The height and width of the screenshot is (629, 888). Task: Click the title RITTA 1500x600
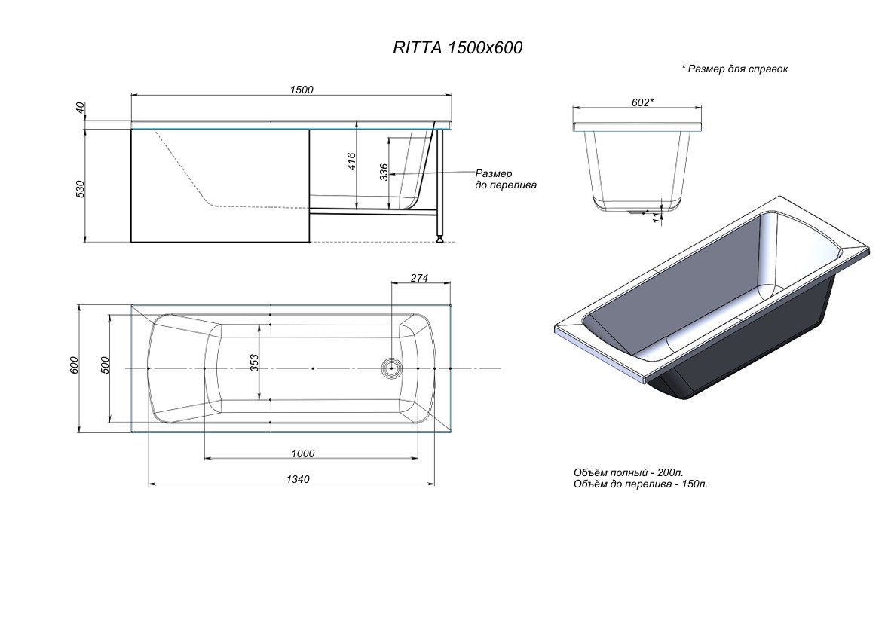pyautogui.click(x=458, y=47)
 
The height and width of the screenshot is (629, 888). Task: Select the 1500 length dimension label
pyautogui.click(x=302, y=90)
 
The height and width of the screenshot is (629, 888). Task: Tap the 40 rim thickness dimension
pyautogui.click(x=81, y=108)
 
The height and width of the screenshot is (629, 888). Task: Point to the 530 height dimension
pyautogui.click(x=81, y=188)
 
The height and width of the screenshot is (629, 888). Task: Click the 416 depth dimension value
pyautogui.click(x=351, y=161)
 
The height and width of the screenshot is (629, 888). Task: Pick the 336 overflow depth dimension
pyautogui.click(x=384, y=172)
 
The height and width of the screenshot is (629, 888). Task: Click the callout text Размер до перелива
pyautogui.click(x=506, y=179)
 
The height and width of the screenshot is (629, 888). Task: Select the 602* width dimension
pyautogui.click(x=642, y=102)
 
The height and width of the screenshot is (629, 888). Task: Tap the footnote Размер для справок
pyautogui.click(x=734, y=69)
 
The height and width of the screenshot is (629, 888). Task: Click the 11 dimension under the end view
pyautogui.click(x=657, y=218)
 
